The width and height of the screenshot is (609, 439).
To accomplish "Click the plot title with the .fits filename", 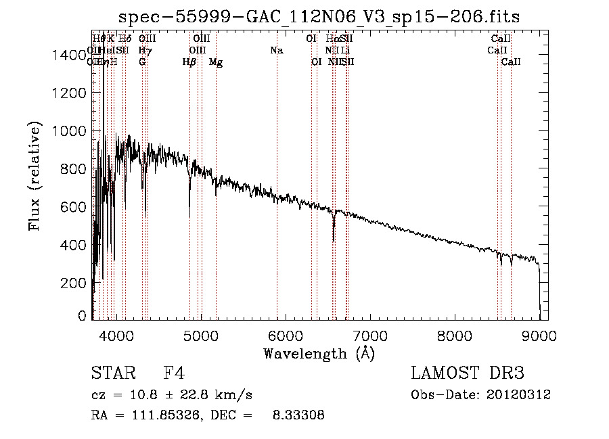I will coord(319,17).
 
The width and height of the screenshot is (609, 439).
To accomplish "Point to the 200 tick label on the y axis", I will coord(74,283).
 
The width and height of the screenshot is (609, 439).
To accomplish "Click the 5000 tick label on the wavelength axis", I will coord(200,333).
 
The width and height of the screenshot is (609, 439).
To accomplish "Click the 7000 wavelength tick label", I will coord(370,333).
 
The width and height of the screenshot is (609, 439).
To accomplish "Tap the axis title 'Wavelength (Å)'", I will coord(319,352).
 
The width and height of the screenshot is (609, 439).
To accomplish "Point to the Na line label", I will coord(276,50).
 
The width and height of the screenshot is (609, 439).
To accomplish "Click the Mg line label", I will coord(216,62).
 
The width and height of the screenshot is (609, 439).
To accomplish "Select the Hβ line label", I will coord(189,62).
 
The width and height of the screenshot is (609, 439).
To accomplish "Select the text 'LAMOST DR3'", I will coord(467,373).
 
